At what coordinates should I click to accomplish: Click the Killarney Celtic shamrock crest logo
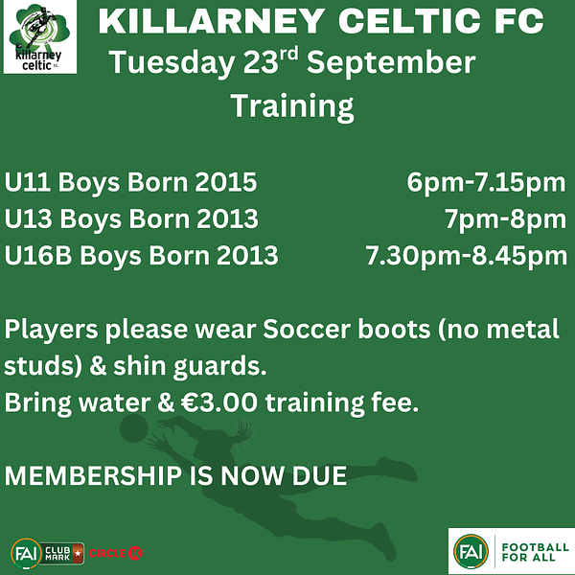coord(39,36)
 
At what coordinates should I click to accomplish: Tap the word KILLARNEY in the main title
coord(212,21)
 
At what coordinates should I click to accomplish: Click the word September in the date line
coord(391,64)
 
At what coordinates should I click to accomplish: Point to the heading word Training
coord(292,106)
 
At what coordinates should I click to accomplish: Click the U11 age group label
coord(28,182)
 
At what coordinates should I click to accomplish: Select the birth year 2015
coord(225,182)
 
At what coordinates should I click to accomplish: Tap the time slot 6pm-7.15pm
coord(486,183)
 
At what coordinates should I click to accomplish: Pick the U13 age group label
coord(28,218)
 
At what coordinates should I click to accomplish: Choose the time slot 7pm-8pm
coord(506,219)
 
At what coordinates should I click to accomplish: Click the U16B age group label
coord(38,255)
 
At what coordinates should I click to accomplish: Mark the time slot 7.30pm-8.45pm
coord(467,256)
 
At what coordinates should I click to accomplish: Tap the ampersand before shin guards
coord(98,366)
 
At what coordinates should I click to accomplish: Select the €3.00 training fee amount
coord(219,402)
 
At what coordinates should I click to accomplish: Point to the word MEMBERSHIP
coord(94,475)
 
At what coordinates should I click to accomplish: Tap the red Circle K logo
coord(116,553)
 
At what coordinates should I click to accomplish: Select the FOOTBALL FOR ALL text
coord(535,552)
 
